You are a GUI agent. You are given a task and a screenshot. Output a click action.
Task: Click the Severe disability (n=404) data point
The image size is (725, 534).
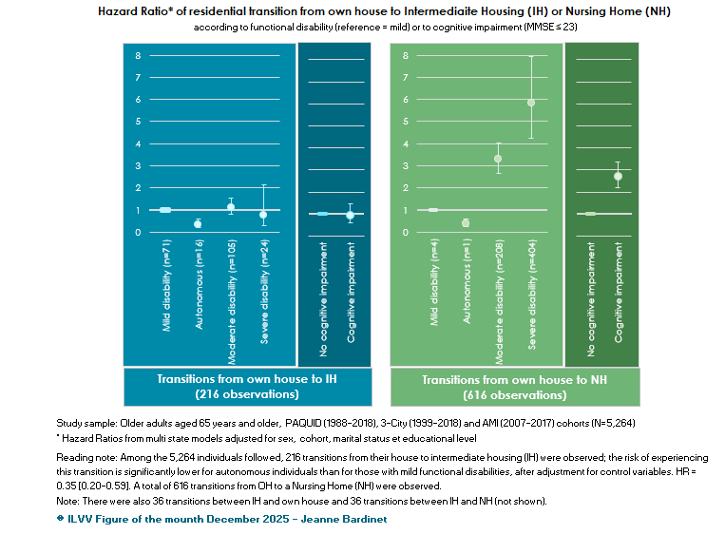coord(531,103)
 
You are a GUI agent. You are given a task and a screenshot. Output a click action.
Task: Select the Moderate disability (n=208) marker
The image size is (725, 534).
coord(498,159)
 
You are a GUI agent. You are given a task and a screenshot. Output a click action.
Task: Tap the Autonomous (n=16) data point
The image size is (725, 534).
coord(198,223)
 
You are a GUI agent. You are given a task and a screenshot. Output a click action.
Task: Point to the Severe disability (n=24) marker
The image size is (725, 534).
coord(263,215)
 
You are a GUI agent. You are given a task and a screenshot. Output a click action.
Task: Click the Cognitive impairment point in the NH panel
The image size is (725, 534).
coord(619,177)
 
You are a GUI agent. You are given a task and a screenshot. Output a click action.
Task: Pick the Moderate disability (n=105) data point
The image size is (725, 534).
coord(231,207)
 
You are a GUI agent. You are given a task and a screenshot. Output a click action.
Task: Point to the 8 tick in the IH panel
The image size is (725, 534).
coord(138,55)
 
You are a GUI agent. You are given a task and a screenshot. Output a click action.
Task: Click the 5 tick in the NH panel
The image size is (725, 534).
coord(405,122)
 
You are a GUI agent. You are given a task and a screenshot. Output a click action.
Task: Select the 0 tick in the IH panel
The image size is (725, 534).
coord(138,232)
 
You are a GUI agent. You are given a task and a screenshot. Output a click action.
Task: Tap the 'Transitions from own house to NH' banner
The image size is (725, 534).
coord(514,386)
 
